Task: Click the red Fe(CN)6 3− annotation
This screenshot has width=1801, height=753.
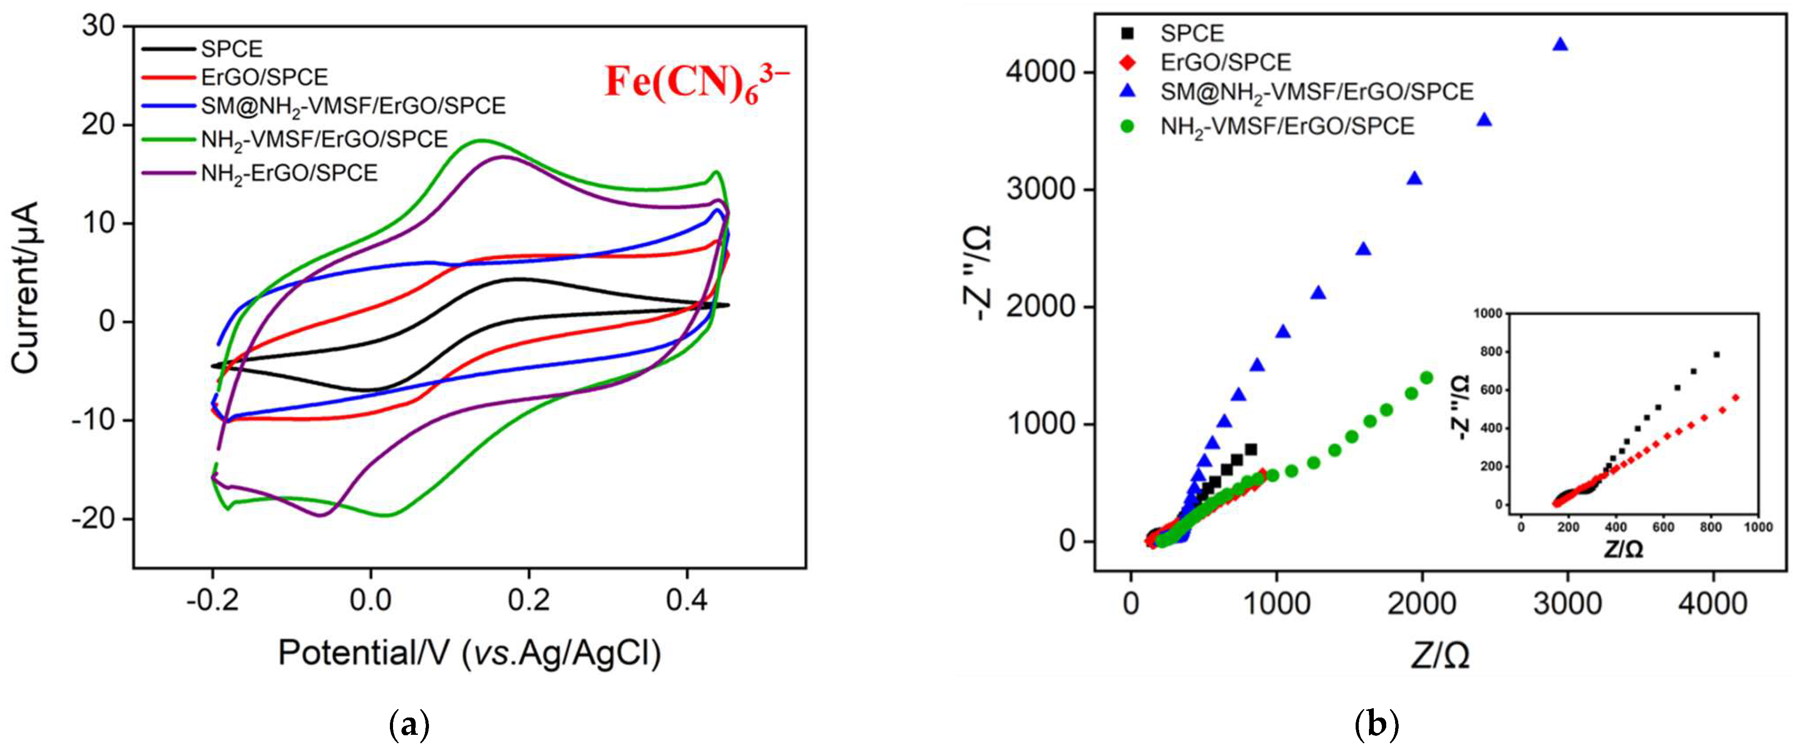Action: click(696, 84)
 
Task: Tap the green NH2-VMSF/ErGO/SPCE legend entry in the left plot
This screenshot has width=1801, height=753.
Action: click(324, 139)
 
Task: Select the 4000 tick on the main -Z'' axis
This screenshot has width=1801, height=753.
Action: click(1040, 72)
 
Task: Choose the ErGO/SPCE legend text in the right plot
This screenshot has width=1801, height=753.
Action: click(1226, 62)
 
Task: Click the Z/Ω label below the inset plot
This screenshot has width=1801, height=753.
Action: click(1624, 549)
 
